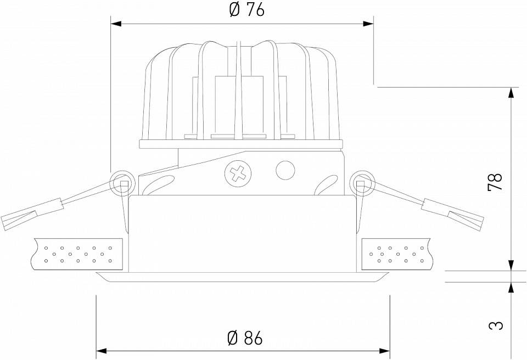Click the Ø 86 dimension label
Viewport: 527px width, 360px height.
[245, 337]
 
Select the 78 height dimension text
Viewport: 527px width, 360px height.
[495, 182]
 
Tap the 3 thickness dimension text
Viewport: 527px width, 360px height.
[495, 325]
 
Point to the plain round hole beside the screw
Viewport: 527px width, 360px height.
[285, 170]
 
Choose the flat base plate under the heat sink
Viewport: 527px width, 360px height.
[241, 144]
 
